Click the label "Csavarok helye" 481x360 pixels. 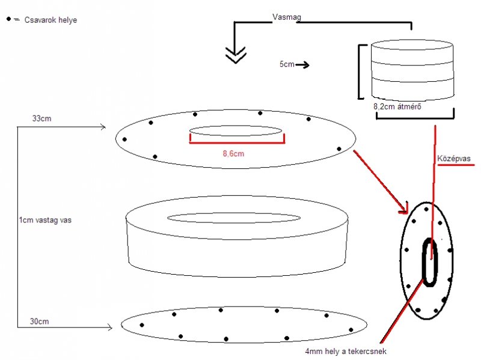coord(51,20)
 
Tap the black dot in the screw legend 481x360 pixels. coord(8,19)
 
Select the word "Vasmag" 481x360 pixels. coord(286,18)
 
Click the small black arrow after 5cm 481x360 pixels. coord(302,64)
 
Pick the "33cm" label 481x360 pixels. coord(42,118)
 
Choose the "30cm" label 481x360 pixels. coord(40,322)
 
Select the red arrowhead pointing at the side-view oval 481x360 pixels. coord(405,209)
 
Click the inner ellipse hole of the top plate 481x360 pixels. coord(236,131)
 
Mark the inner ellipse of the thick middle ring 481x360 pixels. coord(234,217)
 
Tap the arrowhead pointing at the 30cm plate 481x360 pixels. coord(109,328)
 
